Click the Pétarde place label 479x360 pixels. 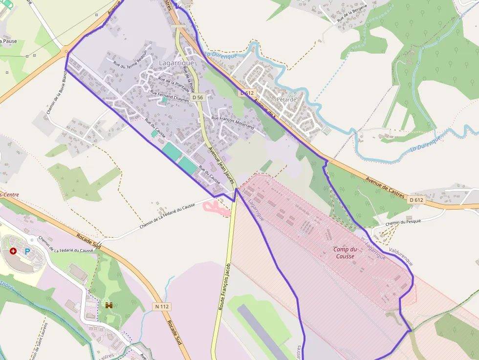tap(286, 99)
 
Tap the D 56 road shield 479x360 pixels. tap(197, 98)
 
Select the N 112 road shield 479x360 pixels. tap(161, 307)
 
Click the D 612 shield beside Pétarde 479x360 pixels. tap(247, 93)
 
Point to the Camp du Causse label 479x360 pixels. tap(346, 253)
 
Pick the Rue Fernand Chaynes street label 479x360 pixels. tap(169, 96)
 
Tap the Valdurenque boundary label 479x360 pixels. tap(401, 256)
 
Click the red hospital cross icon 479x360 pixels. tap(13, 251)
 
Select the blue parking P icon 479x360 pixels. tap(27, 251)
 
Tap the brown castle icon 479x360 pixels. tap(109, 305)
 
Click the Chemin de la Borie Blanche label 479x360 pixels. tap(57, 90)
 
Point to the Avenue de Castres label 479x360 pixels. tap(385, 187)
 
